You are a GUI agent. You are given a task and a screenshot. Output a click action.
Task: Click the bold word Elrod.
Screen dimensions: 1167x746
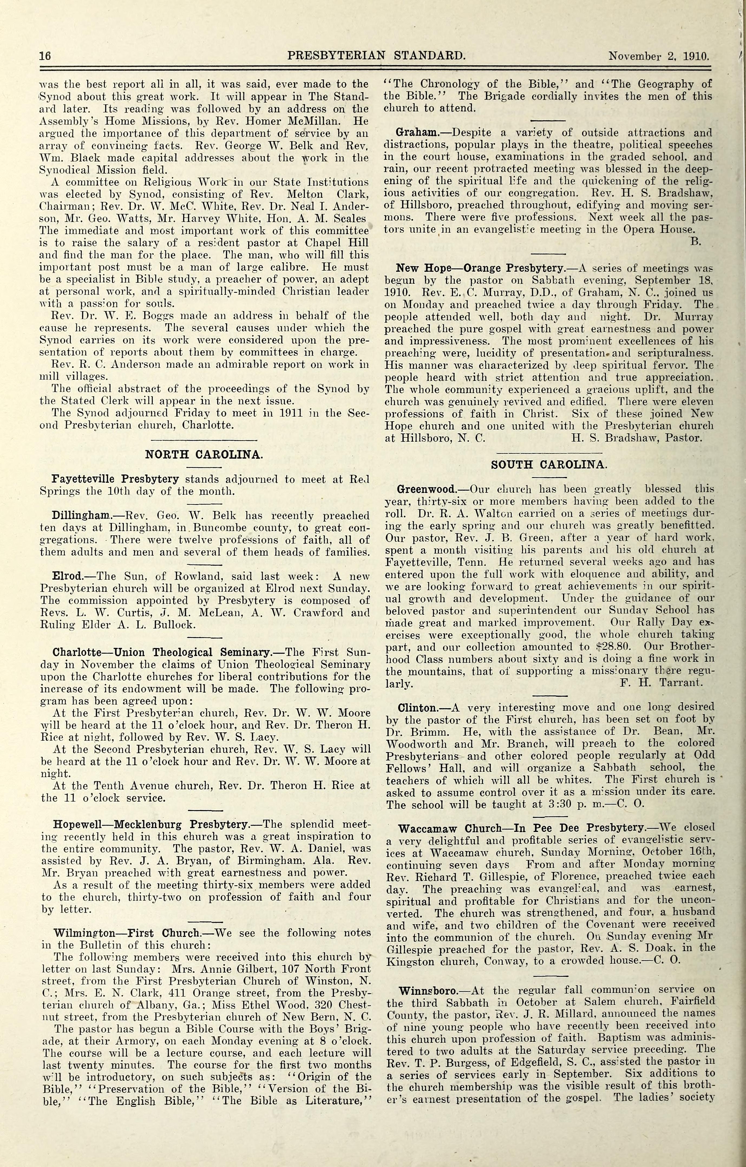point(66,576)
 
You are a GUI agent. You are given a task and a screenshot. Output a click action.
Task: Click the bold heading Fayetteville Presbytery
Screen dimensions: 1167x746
point(109,479)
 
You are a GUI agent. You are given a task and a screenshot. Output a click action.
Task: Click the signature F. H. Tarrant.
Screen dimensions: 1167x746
point(661,683)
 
